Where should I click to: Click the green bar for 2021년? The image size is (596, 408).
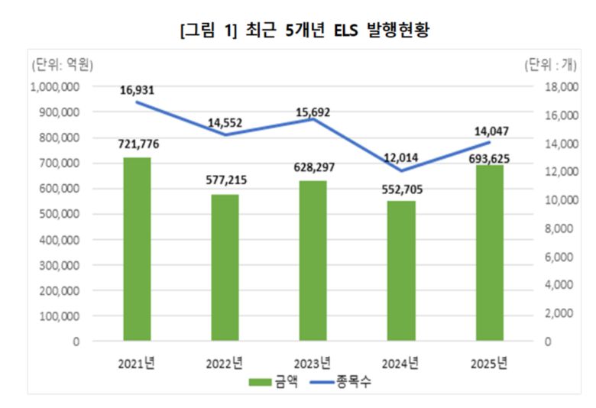pos(137,249)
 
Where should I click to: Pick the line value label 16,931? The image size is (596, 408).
pos(138,91)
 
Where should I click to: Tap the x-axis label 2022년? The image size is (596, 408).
pos(225,363)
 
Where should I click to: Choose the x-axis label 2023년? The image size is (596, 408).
pos(313,363)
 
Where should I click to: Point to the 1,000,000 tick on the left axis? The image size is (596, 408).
pos(56,87)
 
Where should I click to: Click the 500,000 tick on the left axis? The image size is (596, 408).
pos(61,215)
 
